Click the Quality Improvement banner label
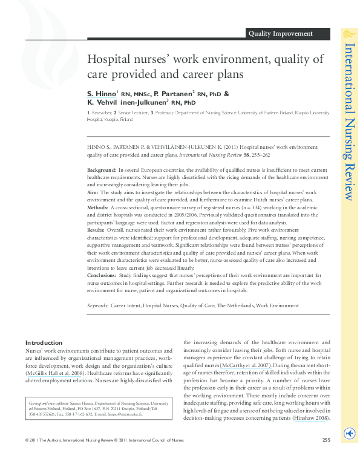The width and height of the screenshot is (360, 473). coord(280,34)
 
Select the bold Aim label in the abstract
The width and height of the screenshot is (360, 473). coord(93,192)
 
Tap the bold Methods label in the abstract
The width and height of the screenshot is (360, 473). coord(98,207)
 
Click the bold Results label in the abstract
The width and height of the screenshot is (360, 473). coord(96,229)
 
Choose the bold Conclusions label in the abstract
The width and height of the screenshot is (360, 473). coord(102,274)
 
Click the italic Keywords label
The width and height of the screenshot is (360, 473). coord(97,307)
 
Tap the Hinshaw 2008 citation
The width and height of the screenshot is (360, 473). coord(311,418)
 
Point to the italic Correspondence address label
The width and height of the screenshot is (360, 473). coord(51,402)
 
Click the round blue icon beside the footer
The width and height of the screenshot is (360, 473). coord(349,451)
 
